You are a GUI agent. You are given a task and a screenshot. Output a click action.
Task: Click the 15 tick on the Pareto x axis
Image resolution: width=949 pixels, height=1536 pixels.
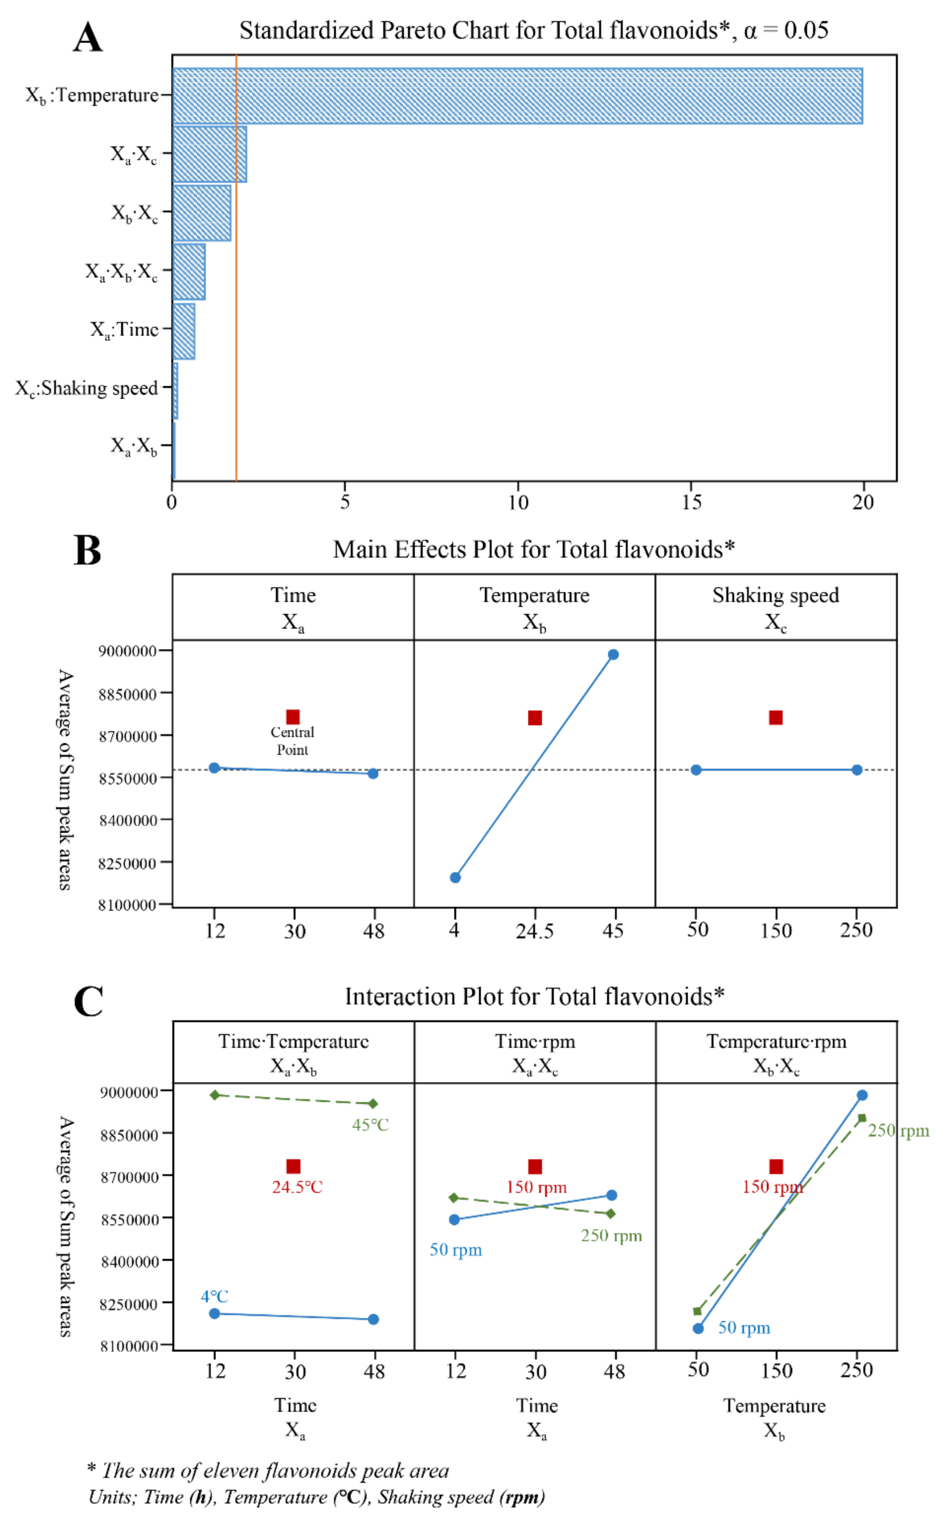(x=691, y=502)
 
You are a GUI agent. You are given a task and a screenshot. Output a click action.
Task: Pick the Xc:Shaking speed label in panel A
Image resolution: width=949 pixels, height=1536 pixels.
(x=87, y=389)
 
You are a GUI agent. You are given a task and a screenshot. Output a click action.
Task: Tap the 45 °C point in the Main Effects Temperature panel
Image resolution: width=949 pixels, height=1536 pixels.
(x=613, y=654)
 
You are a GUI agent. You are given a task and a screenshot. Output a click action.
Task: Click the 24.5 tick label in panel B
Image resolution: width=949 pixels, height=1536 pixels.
(x=535, y=931)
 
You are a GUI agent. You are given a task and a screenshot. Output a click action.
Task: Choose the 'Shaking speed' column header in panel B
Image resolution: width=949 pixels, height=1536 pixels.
(x=776, y=595)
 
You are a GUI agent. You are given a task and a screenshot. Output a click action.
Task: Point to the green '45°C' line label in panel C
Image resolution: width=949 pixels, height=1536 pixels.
(x=370, y=1125)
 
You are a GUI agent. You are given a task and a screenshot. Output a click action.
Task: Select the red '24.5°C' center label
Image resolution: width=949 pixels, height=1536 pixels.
(x=297, y=1187)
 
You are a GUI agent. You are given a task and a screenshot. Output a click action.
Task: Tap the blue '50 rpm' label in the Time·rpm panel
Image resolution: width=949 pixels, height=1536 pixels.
(x=456, y=1249)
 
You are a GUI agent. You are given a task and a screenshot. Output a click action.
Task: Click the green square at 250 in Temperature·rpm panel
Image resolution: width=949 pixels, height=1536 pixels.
(x=862, y=1118)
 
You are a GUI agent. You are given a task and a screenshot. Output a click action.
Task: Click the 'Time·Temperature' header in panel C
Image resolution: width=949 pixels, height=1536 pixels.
(x=293, y=1042)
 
